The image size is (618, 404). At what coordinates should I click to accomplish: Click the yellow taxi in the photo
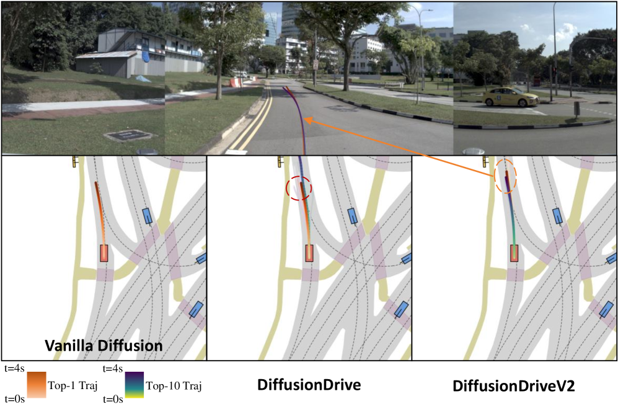(x=511, y=97)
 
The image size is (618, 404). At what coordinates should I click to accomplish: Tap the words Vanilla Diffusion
(x=104, y=346)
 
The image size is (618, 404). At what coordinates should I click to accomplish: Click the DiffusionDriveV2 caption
(x=514, y=386)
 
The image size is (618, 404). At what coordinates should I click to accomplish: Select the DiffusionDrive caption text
(x=309, y=385)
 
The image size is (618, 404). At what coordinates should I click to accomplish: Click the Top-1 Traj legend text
(x=73, y=385)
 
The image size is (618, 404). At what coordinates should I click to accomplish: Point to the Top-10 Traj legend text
(x=174, y=385)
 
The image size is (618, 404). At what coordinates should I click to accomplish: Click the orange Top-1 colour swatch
(x=37, y=385)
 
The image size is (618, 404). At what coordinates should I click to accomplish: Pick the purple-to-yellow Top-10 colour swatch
(x=135, y=385)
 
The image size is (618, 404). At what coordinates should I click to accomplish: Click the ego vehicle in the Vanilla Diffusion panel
(x=104, y=253)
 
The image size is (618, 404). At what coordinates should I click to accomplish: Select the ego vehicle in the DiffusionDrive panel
(x=309, y=253)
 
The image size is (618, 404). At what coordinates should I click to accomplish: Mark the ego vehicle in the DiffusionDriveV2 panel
(x=514, y=253)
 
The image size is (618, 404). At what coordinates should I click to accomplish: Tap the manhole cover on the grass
(x=130, y=136)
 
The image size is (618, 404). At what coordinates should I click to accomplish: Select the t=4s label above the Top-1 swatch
(x=15, y=369)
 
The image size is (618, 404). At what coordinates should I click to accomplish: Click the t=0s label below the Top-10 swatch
(x=113, y=399)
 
